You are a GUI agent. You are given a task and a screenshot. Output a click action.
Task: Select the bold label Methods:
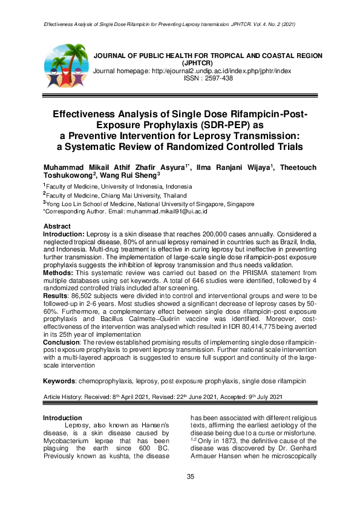point(59,273)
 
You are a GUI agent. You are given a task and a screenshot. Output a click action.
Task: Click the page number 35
point(191,478)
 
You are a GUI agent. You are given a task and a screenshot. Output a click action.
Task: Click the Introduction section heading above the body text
point(62,418)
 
